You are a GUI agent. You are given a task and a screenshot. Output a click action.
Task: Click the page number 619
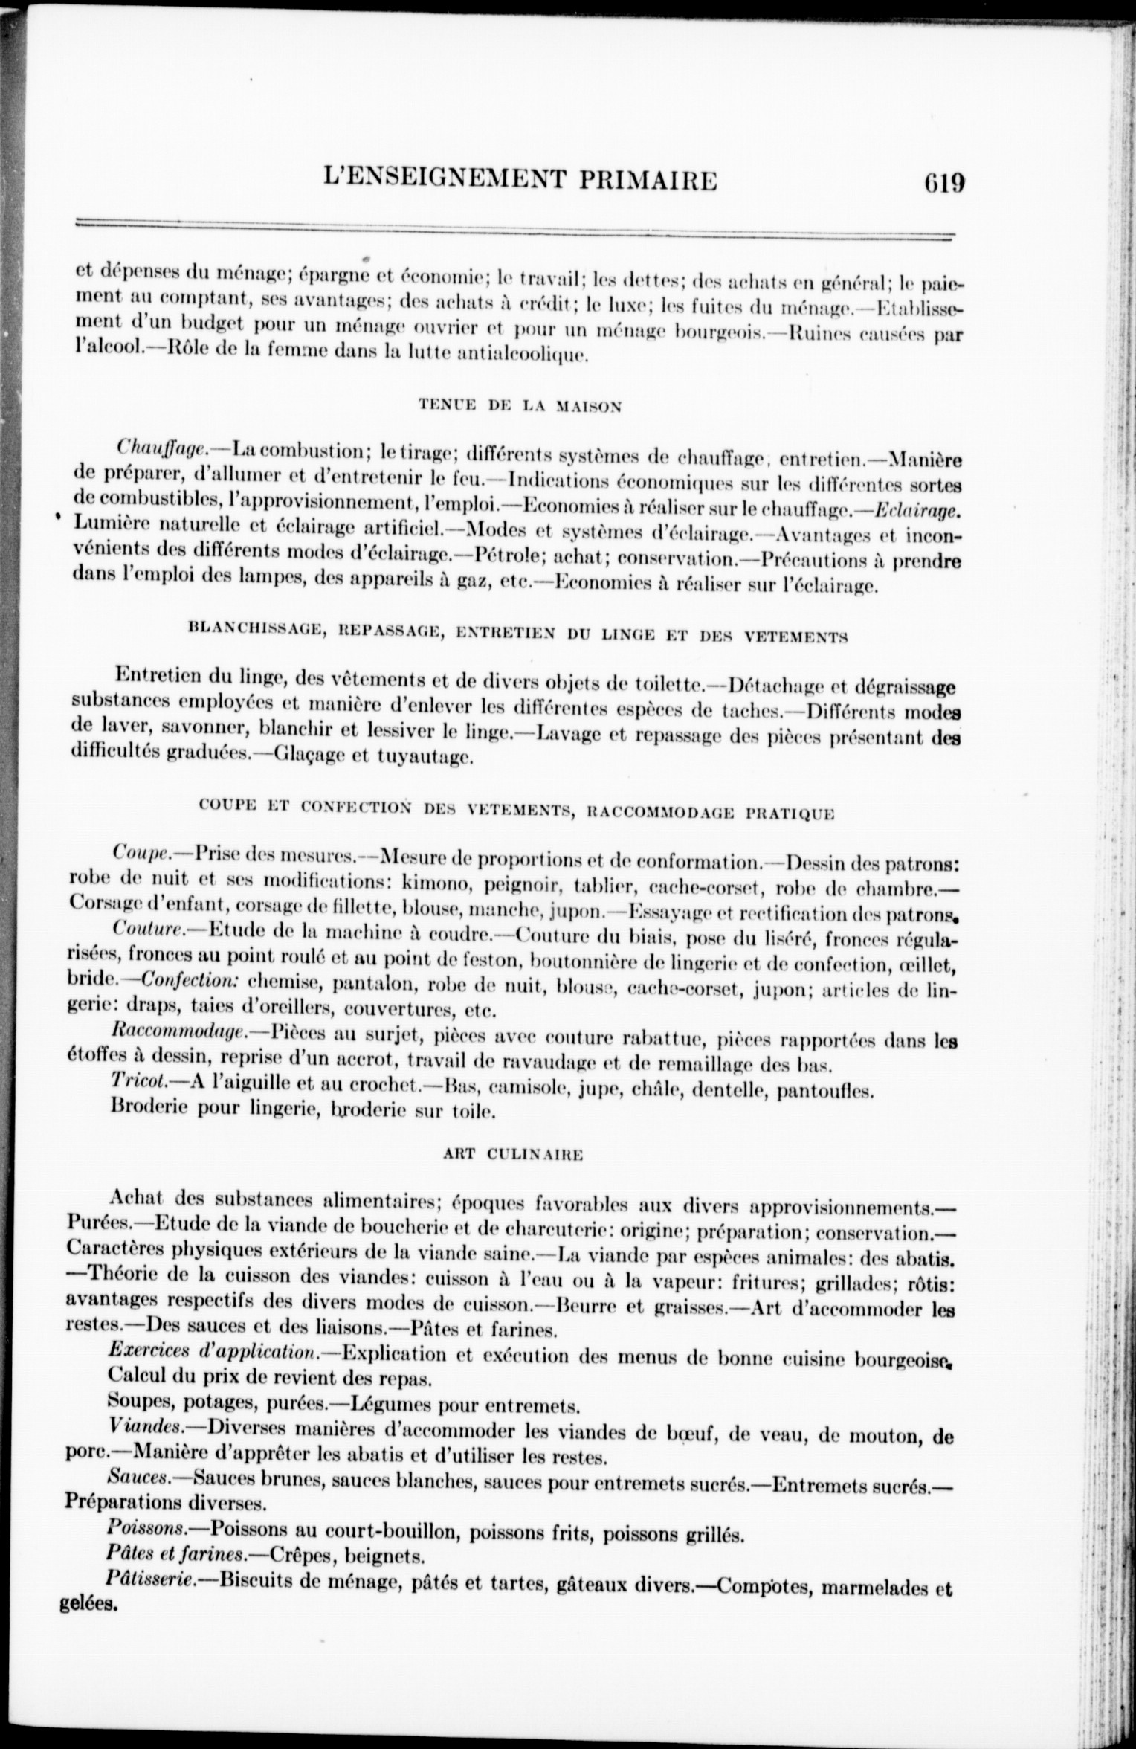click(x=943, y=184)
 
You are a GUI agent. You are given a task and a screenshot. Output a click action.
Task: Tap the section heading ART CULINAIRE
click(x=512, y=1155)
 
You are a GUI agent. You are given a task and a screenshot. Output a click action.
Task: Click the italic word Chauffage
click(x=164, y=448)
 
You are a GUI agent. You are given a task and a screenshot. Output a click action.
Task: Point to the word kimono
click(x=438, y=887)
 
